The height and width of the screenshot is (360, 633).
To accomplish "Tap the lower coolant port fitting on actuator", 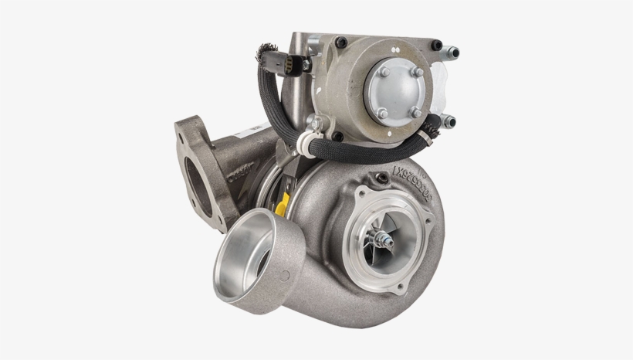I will pos(449,121).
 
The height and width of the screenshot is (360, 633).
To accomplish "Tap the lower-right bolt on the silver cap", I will pos(417,112).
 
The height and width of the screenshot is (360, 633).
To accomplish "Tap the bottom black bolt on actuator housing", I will pos(337,137).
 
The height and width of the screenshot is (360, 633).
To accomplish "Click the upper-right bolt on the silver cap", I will pos(418,72).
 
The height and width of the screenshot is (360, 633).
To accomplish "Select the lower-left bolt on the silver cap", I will pos(381,113).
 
